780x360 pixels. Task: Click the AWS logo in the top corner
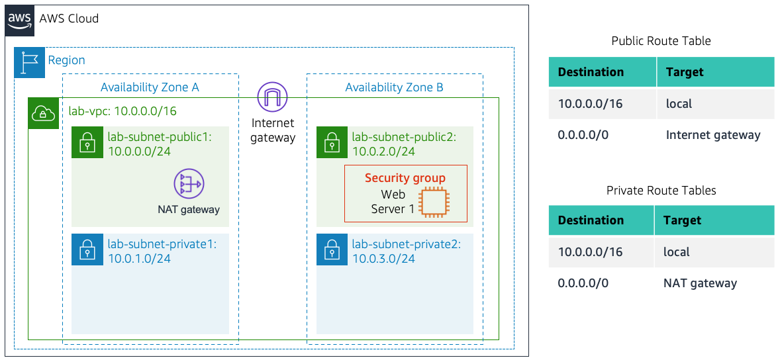[20, 19]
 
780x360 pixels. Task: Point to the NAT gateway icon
[189, 184]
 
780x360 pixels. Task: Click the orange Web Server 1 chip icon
[434, 201]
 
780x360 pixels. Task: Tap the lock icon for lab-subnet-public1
[87, 143]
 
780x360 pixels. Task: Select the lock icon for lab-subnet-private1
[87, 250]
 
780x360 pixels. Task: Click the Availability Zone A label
[150, 87]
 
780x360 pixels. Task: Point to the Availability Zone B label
[394, 87]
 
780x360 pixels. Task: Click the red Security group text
[405, 178]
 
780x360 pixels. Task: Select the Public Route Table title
[661, 41]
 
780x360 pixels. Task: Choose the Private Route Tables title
[661, 191]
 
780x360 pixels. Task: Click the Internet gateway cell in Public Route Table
[713, 135]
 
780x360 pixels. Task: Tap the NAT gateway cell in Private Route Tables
[700, 283]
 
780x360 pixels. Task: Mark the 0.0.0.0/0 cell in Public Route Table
[583, 135]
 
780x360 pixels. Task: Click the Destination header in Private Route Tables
[591, 220]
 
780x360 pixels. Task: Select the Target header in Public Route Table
[685, 72]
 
